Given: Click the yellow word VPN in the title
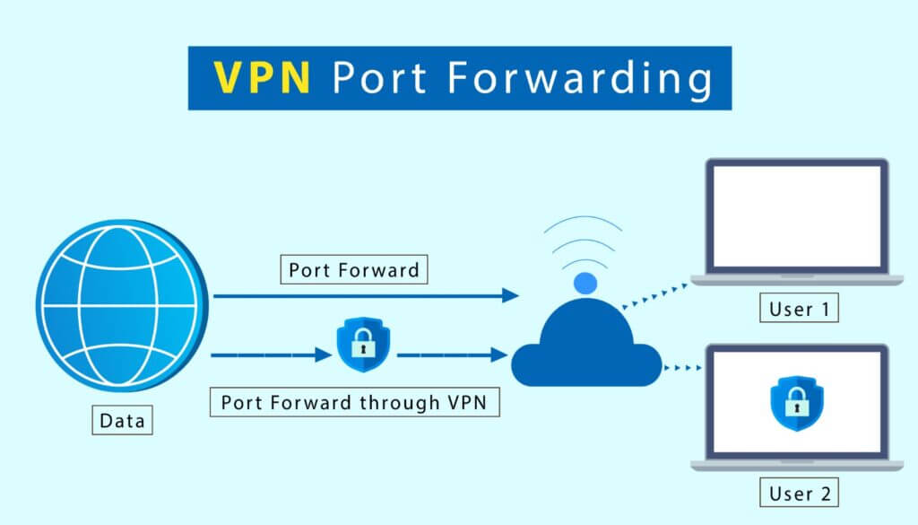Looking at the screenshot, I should coord(262,79).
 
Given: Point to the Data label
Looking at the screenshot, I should coord(122,420).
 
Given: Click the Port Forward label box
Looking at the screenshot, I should coord(353,269).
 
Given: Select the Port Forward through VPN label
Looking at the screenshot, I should coord(353,402).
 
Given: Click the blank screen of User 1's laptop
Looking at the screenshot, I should coord(795,218).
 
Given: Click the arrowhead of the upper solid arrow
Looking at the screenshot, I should coord(511,295).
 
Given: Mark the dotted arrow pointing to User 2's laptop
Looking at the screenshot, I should coord(683,366).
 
